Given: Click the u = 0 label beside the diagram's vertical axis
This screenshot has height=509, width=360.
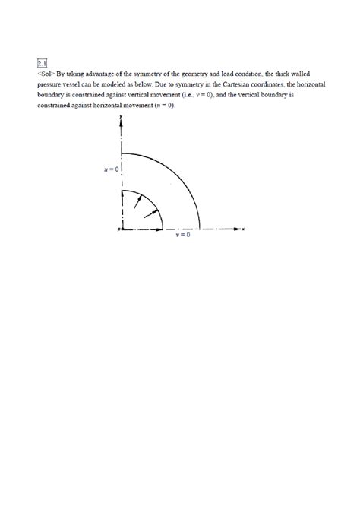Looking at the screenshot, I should (111, 169).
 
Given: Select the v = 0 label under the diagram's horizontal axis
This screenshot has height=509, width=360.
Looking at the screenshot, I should (183, 236).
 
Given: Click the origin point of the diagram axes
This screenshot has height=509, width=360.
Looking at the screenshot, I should (121, 228).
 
